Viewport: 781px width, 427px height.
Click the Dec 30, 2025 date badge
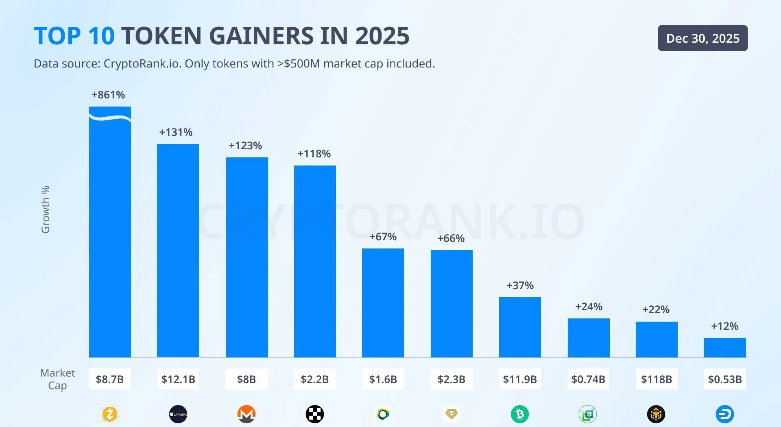[x=702, y=38]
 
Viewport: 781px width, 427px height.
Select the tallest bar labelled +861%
[x=110, y=232]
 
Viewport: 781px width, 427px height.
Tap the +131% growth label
[x=176, y=132]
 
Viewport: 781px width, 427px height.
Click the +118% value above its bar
[x=314, y=154]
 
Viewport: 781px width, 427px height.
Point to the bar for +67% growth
[x=383, y=303]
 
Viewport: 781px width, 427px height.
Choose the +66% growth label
[x=451, y=238]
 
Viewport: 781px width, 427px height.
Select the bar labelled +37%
[x=520, y=327]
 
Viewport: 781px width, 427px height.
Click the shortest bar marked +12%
[x=725, y=347]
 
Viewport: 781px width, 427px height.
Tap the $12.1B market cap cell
[x=178, y=379]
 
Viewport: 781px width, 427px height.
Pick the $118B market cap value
[x=657, y=379]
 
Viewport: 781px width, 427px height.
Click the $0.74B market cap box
[x=588, y=379]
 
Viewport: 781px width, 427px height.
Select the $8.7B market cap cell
[x=110, y=379]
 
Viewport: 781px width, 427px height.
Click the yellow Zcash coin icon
[x=110, y=414]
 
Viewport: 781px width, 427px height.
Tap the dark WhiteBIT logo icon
[x=178, y=414]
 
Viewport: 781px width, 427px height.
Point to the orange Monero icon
[x=247, y=414]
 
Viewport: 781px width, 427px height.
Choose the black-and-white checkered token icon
[x=315, y=414]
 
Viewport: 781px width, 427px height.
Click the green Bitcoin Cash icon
[x=520, y=414]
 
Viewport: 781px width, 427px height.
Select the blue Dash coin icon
[x=725, y=414]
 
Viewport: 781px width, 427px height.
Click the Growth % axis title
[x=46, y=209]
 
